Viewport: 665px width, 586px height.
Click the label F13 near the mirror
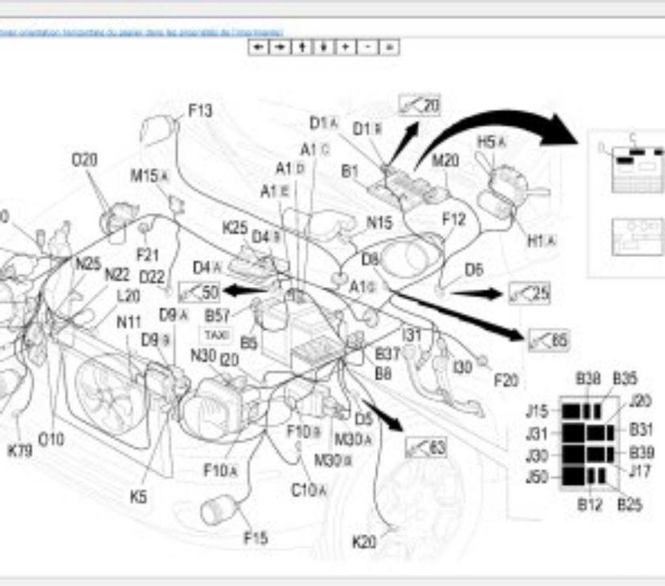(200, 111)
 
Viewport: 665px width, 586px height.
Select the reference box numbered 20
(420, 105)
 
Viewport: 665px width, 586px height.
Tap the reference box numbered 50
(199, 292)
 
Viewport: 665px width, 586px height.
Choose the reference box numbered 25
(529, 294)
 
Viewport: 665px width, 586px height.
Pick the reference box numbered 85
(549, 340)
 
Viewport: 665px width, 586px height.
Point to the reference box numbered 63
(427, 447)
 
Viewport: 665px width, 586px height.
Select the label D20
(84, 160)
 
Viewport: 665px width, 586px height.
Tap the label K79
(19, 450)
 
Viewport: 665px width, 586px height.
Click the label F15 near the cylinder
(256, 538)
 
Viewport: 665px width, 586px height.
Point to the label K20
(364, 541)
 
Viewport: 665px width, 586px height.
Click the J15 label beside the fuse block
(537, 411)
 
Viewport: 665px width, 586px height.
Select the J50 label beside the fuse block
(537, 478)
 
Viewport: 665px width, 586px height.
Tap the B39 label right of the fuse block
(642, 453)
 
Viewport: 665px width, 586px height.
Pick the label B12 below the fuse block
(589, 505)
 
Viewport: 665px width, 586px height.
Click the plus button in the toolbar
(345, 47)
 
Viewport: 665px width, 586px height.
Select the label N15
(379, 222)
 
